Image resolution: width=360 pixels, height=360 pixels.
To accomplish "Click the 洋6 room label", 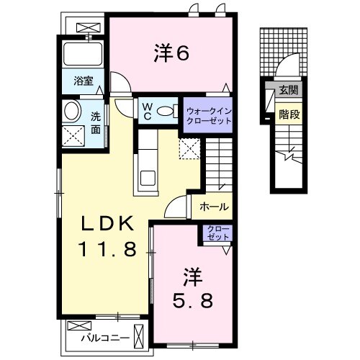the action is pos(171,53).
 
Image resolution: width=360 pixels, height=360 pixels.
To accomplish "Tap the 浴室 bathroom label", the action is pos(84,81).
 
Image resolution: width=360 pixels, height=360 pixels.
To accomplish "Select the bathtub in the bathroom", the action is pos(83,54).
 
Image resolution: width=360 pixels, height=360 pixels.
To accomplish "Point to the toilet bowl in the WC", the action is pos(165,111).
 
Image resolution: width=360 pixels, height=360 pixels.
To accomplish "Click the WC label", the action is pos(148,111).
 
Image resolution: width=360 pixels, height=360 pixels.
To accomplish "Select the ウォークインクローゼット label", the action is pos(209,116).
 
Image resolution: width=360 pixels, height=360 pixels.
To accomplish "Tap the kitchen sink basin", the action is pos(148,179).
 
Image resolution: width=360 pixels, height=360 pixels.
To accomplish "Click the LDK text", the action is pos(107,223).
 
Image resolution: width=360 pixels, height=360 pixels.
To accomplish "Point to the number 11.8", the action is pos(107,249).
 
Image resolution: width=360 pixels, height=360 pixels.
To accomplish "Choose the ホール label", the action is pos(214,207).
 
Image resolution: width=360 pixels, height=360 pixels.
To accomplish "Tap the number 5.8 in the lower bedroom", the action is pos(193,301).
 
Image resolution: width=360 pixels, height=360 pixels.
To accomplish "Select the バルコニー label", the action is pos(105,338).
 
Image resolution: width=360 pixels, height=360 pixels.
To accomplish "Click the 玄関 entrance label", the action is pos(288,90).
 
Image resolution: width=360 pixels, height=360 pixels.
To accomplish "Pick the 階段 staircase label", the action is pos(289,114).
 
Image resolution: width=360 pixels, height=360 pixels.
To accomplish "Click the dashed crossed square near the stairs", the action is pos(189,149).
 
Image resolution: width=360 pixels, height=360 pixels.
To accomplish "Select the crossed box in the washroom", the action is pos(73,136).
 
